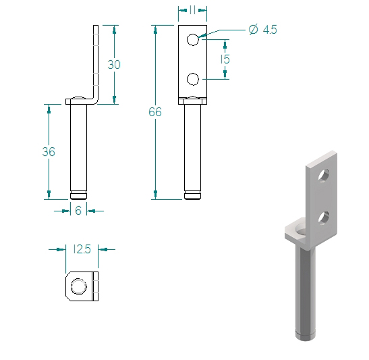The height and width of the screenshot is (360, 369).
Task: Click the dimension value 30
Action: (114, 65)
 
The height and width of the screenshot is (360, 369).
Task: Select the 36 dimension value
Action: (49, 152)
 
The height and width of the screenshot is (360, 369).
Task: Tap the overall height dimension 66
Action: (155, 112)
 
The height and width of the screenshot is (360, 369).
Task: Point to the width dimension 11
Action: (192, 10)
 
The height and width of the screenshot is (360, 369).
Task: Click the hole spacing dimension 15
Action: (225, 59)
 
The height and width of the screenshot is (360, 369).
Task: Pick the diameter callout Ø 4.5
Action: (262, 30)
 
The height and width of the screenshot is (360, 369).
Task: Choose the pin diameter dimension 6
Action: (78, 210)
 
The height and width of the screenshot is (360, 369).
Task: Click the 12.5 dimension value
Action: (82, 249)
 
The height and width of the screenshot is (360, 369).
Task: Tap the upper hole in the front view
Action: (193, 40)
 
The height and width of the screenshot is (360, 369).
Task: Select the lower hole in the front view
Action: (193, 79)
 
